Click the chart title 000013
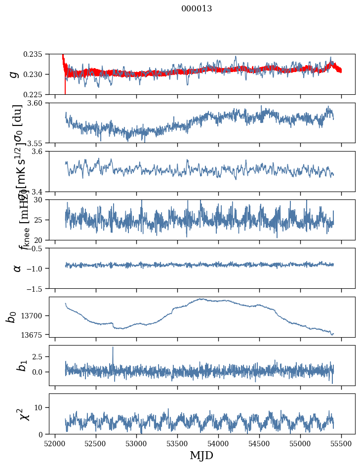click(x=197, y=9)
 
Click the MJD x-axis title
click(x=201, y=456)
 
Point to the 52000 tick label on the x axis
click(x=55, y=443)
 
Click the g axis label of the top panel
click(x=15, y=74)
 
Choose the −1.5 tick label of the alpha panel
click(x=36, y=288)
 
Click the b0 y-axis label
click(x=11, y=316)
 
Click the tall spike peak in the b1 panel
click(x=113, y=347)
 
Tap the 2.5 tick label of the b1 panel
click(x=39, y=356)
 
